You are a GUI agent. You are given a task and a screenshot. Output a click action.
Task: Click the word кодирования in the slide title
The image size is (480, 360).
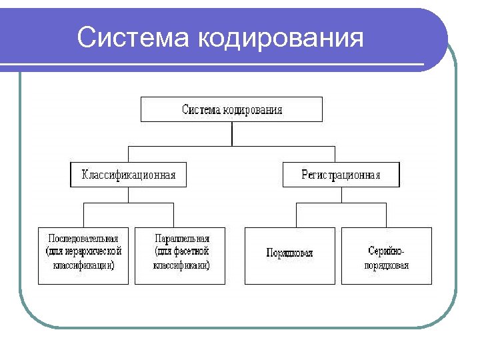point(281,38)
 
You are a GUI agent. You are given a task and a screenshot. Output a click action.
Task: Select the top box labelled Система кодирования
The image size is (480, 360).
point(231,109)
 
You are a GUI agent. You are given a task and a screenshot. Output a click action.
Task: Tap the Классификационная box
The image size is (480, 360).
point(128,175)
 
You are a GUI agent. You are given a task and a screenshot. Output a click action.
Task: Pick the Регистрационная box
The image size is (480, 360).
point(341,175)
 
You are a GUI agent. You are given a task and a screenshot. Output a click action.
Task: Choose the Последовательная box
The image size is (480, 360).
point(83,256)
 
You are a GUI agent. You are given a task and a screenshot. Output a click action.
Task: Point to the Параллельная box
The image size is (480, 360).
point(180,256)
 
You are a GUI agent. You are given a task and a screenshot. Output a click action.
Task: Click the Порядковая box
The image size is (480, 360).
point(289,256)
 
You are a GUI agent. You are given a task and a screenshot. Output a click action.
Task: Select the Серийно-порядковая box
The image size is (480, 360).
point(387,256)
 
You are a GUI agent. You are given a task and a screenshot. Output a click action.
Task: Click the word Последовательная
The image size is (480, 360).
point(83,238)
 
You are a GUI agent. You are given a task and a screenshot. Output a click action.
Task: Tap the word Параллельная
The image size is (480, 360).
point(181,238)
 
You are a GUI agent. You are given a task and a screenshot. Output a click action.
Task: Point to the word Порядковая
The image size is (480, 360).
point(289,253)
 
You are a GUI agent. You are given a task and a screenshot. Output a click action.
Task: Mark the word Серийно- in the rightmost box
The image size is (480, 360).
point(387,251)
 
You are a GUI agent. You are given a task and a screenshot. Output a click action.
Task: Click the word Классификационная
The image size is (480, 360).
point(128,175)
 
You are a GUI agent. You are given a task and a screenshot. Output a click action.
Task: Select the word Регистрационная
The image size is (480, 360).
point(341,175)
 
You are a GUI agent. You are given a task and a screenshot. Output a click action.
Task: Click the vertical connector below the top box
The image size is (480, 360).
point(231,133)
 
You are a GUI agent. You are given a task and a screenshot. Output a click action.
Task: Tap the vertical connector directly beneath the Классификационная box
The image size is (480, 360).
point(128,195)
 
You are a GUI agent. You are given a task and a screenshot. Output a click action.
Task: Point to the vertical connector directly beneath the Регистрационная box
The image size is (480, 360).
point(341,195)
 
